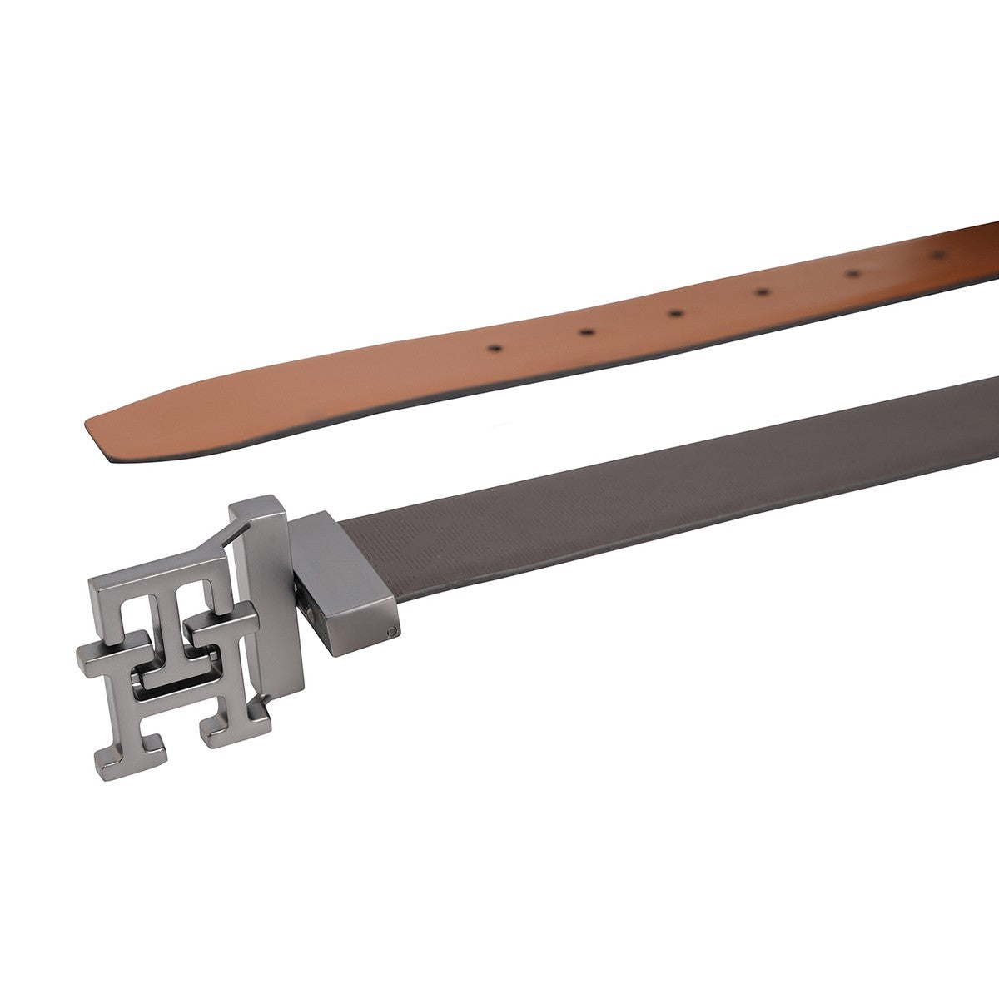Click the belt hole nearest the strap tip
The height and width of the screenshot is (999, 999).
[x=495, y=349]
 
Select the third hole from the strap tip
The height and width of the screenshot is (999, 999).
[x=675, y=313]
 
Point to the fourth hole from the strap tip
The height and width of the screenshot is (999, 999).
[x=762, y=292]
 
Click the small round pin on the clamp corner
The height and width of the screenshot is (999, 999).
[x=392, y=631]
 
